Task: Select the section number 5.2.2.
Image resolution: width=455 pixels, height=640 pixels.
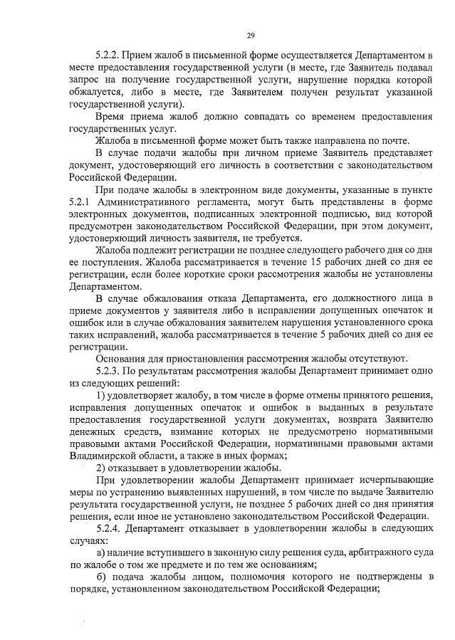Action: [110, 55]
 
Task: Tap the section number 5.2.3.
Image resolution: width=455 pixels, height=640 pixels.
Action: [110, 371]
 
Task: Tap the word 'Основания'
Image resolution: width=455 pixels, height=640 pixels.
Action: [122, 358]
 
